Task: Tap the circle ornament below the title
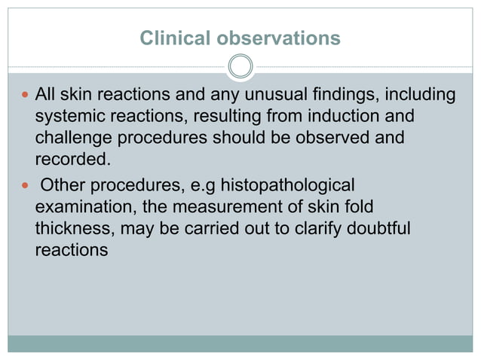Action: click(240, 67)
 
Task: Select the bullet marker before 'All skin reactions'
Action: click(24, 96)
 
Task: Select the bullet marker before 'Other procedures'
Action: click(24, 185)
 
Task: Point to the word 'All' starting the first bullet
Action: click(47, 95)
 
